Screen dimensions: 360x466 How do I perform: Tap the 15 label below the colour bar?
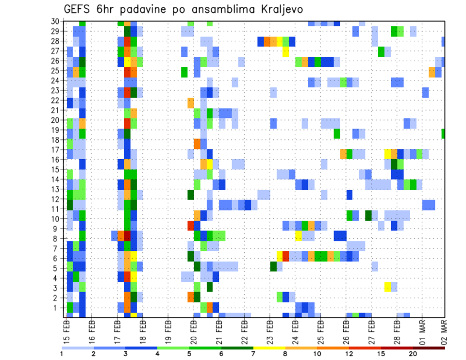click(x=381, y=354)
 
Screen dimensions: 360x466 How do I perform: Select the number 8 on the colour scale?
click(x=285, y=354)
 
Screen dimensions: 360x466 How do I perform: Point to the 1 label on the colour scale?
click(x=62, y=354)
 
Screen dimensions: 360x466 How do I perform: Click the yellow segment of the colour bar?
click(x=269, y=347)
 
